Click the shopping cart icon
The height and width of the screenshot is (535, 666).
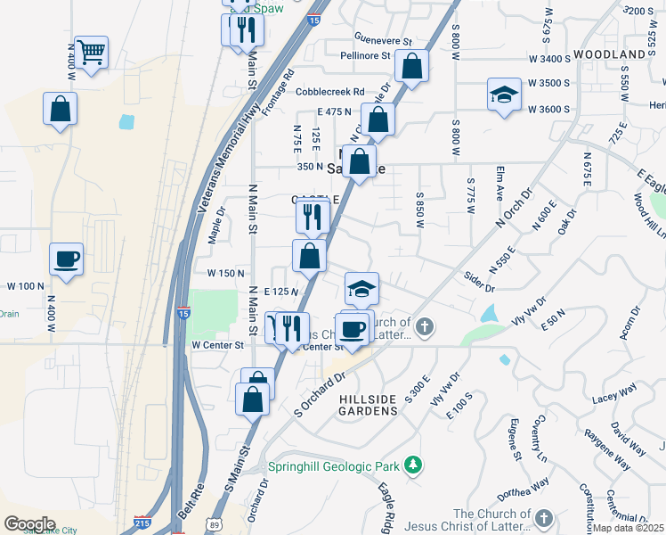91,52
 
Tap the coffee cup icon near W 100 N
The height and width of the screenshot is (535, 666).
67,259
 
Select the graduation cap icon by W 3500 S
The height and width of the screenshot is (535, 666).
503,95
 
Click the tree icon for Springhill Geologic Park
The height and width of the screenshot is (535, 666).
412,465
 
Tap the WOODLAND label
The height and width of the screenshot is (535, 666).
609,54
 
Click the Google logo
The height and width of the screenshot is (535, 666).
29,524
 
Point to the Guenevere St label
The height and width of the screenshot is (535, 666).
384,41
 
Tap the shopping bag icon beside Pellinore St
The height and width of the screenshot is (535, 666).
412,66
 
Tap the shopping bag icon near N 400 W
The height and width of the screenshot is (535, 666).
60,109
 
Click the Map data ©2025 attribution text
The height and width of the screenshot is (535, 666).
628,528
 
